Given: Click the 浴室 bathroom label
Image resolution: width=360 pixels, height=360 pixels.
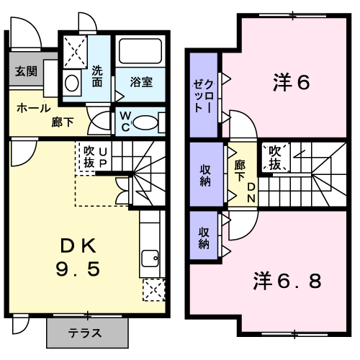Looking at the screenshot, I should [x=140, y=81].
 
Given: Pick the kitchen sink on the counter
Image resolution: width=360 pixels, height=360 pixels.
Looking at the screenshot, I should [x=151, y=257].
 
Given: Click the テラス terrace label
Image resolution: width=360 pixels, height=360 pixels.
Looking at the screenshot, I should [x=84, y=333].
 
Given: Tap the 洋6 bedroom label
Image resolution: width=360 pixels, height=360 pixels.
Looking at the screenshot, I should [x=291, y=83].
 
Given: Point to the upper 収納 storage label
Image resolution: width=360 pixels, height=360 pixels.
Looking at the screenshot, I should [x=204, y=175].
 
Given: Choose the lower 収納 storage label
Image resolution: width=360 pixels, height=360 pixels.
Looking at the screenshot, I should [x=204, y=238].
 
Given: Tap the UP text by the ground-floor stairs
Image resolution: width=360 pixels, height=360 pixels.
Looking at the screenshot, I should [x=104, y=158].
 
